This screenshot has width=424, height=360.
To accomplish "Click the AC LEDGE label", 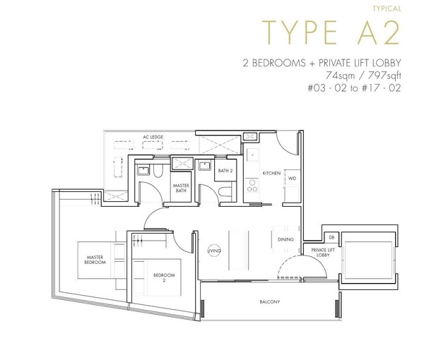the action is [x=153, y=137].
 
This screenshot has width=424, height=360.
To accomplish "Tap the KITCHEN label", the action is [x=271, y=173].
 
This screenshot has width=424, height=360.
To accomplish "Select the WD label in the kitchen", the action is [x=292, y=179].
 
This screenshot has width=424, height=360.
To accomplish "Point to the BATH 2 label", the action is [x=225, y=171].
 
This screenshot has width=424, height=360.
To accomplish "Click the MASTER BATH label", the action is [x=181, y=188].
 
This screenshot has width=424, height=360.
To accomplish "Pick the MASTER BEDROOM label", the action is [x=95, y=260].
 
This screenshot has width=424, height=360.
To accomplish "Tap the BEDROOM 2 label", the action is [x=164, y=277].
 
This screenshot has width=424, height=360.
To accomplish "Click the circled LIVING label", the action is [x=214, y=251].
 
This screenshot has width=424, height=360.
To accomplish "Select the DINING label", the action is [x=285, y=239].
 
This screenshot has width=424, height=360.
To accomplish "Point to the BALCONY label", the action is [x=270, y=301].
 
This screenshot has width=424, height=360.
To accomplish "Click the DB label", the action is [x=331, y=237].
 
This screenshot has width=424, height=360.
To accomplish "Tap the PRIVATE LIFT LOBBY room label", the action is [x=323, y=253].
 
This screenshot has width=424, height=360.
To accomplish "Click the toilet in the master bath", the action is [x=158, y=171].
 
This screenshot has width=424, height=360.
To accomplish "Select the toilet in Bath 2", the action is [x=225, y=192].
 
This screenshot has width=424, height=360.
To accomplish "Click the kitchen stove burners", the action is [x=252, y=186].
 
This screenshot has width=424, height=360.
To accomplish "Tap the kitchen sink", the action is [x=252, y=155].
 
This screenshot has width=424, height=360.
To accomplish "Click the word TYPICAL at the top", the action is [x=387, y=8].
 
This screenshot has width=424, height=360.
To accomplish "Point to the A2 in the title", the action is [x=378, y=32].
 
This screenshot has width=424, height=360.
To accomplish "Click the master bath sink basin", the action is [x=143, y=171].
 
